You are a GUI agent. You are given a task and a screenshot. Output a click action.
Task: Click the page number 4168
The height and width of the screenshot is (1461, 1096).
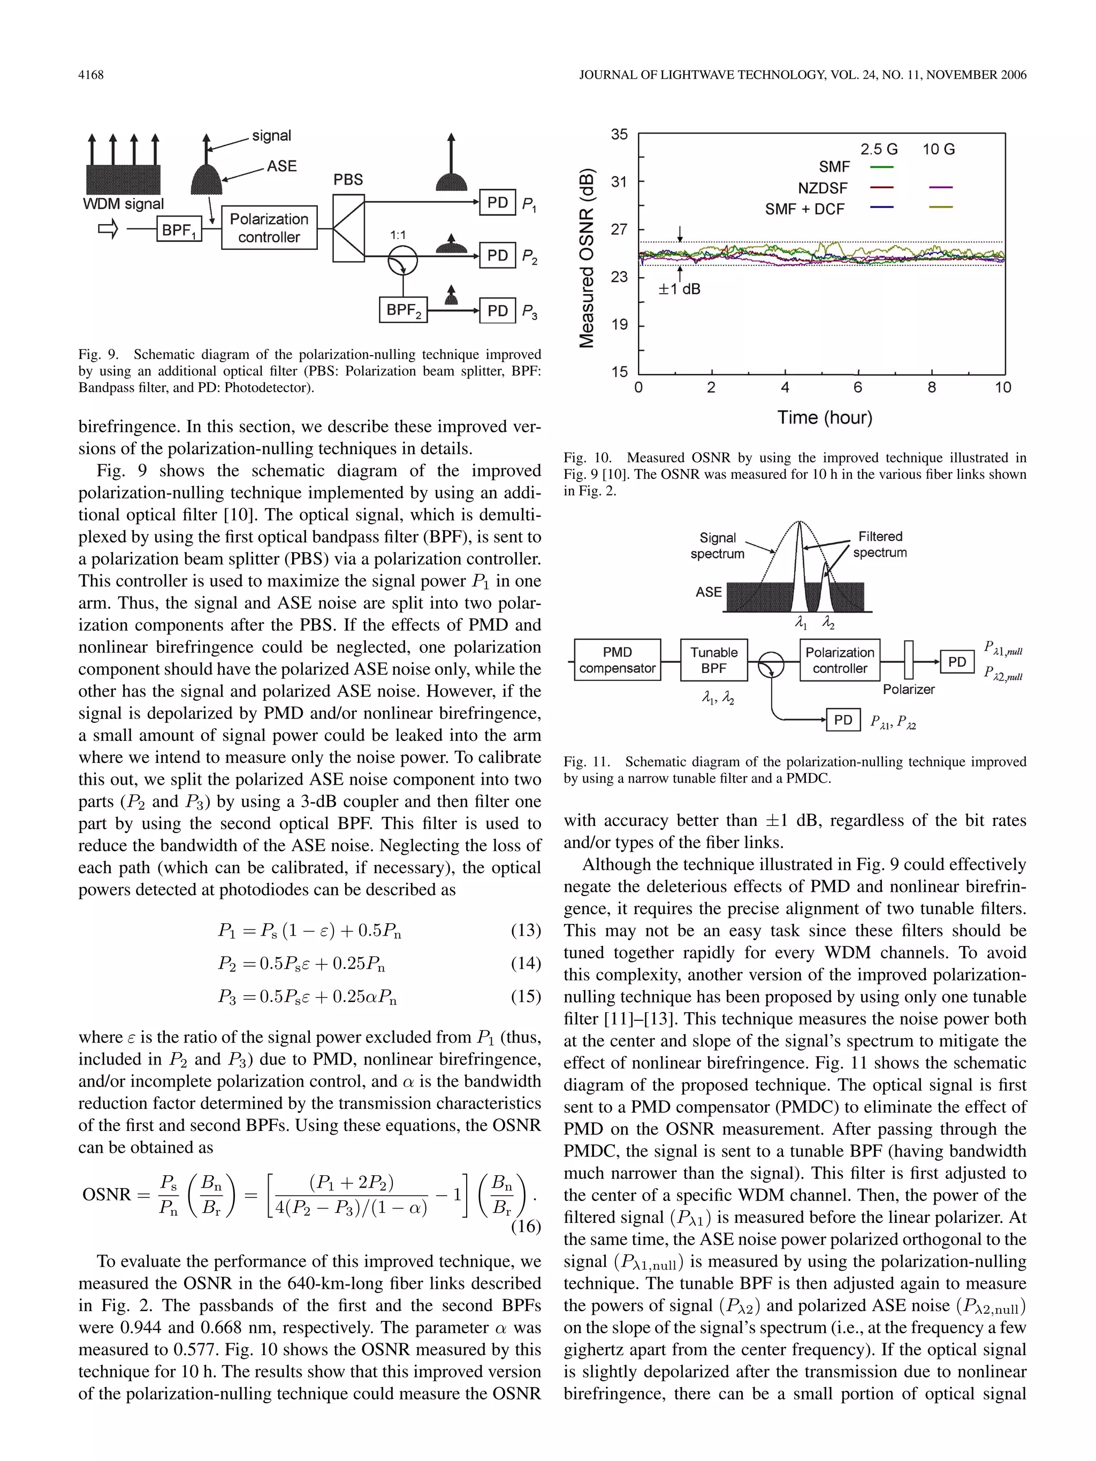click(90, 75)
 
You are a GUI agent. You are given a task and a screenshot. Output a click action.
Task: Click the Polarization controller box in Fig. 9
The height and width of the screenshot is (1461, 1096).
click(269, 228)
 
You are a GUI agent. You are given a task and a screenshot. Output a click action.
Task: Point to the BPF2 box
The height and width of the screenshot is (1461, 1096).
click(403, 310)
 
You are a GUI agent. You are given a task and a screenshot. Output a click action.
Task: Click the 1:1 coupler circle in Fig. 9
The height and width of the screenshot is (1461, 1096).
click(402, 259)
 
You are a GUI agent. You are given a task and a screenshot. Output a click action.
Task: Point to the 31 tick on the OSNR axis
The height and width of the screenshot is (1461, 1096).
click(619, 181)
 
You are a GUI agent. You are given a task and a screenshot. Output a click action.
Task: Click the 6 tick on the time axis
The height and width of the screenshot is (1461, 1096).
click(857, 388)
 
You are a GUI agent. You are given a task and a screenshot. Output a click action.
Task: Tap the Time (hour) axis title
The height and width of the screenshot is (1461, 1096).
click(825, 417)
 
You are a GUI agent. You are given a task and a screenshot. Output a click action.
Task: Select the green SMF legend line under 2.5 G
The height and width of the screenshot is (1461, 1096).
click(881, 167)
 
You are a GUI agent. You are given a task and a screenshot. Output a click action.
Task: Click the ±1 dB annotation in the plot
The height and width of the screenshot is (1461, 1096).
click(679, 289)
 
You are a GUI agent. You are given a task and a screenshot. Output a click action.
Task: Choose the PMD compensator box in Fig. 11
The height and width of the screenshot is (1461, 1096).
click(617, 660)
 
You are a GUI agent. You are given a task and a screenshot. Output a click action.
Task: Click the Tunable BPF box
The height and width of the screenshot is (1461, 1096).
click(713, 660)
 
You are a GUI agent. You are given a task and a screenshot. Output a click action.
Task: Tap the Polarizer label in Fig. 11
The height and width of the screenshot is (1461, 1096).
click(908, 690)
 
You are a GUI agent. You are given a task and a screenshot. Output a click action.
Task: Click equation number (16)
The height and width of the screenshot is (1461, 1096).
click(526, 1227)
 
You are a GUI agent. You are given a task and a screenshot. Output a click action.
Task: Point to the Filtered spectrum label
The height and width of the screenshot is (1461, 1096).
click(879, 544)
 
